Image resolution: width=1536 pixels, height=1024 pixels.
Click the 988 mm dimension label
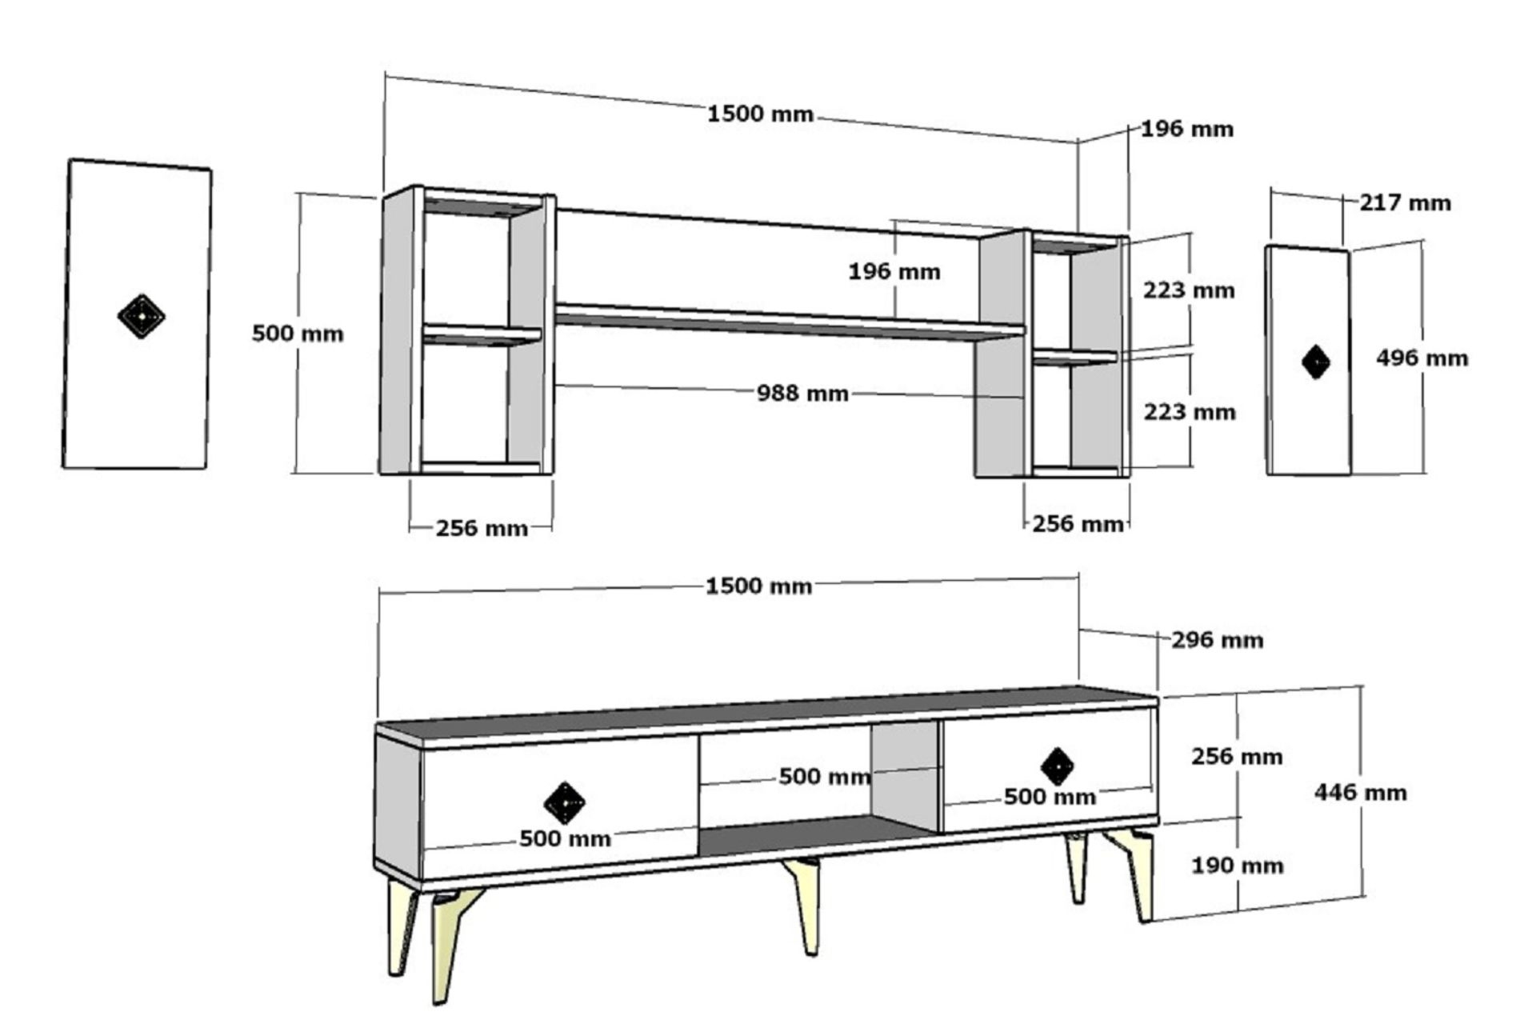click(x=802, y=393)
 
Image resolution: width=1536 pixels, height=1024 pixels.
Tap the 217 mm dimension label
click(x=1405, y=202)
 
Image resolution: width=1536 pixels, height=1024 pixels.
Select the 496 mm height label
click(x=1422, y=358)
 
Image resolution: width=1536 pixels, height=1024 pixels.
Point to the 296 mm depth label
click(x=1218, y=640)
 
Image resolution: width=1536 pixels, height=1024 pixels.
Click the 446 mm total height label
click(x=1360, y=792)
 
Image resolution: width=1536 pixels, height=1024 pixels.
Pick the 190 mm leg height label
click(x=1237, y=865)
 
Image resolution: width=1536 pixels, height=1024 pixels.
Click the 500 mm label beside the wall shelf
click(x=298, y=333)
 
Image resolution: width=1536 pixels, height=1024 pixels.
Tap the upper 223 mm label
click(x=1188, y=290)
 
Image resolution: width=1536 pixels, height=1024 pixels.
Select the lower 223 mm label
click(x=1189, y=412)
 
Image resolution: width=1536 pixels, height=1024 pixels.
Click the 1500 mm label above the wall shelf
click(x=760, y=114)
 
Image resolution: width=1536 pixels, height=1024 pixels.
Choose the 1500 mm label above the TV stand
click(x=758, y=586)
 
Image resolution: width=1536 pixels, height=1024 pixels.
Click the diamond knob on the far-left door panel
click(x=141, y=317)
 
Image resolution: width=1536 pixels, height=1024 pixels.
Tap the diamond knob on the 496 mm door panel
click(x=1316, y=362)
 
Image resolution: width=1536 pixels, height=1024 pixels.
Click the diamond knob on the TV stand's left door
click(x=565, y=802)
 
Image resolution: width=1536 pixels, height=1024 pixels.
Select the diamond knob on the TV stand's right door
click(x=1058, y=766)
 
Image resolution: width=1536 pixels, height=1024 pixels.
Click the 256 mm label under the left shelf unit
click(x=482, y=528)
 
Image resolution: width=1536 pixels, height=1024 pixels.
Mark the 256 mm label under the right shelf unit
click(x=1078, y=524)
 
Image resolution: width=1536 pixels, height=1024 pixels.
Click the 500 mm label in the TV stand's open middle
click(x=825, y=776)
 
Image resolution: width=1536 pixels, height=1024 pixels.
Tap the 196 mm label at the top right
click(x=1186, y=129)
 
